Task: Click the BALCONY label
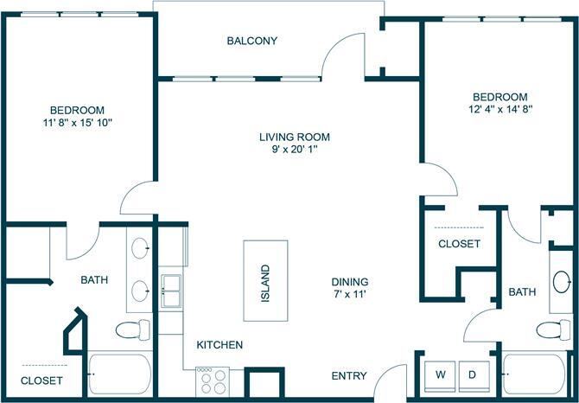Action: coord(251,41)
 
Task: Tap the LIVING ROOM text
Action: coord(295,137)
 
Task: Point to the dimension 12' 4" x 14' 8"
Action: coord(499,109)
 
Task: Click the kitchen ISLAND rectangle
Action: coord(265,280)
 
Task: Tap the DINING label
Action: coord(350,282)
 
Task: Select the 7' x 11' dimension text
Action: coord(350,295)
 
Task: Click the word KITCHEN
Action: coord(220,345)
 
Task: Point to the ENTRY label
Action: coord(349,376)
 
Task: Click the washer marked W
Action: coord(440,374)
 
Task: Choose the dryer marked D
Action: coord(473,374)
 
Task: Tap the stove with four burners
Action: coord(213,381)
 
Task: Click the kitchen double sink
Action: coord(170,291)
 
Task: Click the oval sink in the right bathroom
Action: coord(562,283)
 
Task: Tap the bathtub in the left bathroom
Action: coord(119,374)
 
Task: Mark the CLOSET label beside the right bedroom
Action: coord(459,244)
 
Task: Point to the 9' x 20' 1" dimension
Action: coord(295,150)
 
